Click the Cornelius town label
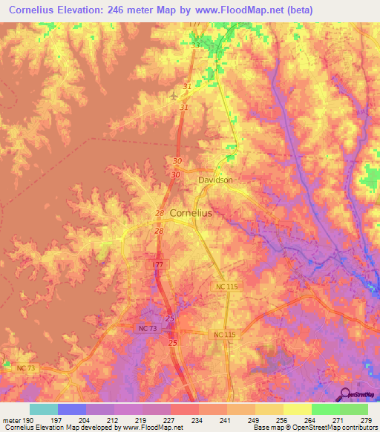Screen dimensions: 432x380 point(191,212)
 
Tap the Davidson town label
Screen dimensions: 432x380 point(215,180)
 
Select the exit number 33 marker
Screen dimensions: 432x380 point(195,45)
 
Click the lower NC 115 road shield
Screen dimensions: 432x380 point(224,336)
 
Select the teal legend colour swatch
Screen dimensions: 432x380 point(44,409)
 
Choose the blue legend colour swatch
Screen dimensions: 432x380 point(72,409)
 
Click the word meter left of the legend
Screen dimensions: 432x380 point(10,421)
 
